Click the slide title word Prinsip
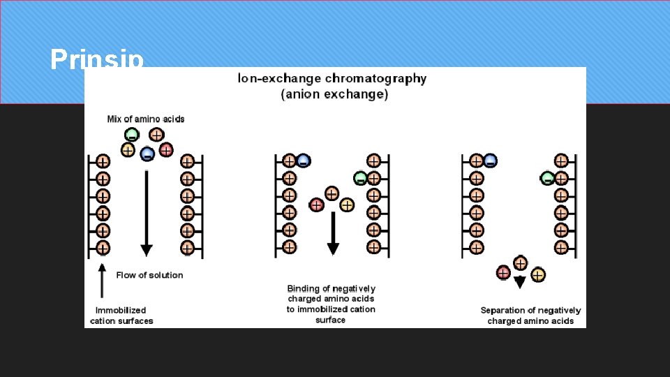pos(97,59)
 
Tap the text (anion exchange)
pos(334,94)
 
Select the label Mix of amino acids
pos(146,119)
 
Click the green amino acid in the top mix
pos(131,135)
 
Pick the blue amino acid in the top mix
pos(147,154)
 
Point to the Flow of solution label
pos(149,275)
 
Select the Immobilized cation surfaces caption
pos(121,316)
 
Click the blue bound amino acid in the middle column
pos(303,161)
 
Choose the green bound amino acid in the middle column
pos(360,178)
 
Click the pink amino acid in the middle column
pos(316,205)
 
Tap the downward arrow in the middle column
pos(333,234)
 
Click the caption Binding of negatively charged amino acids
pos(331,304)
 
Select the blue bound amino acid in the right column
pos(490,161)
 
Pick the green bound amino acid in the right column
pos(547,178)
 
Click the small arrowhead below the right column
pos(519,283)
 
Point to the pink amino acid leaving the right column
pos(503,272)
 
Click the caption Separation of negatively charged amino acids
pos(530,316)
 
